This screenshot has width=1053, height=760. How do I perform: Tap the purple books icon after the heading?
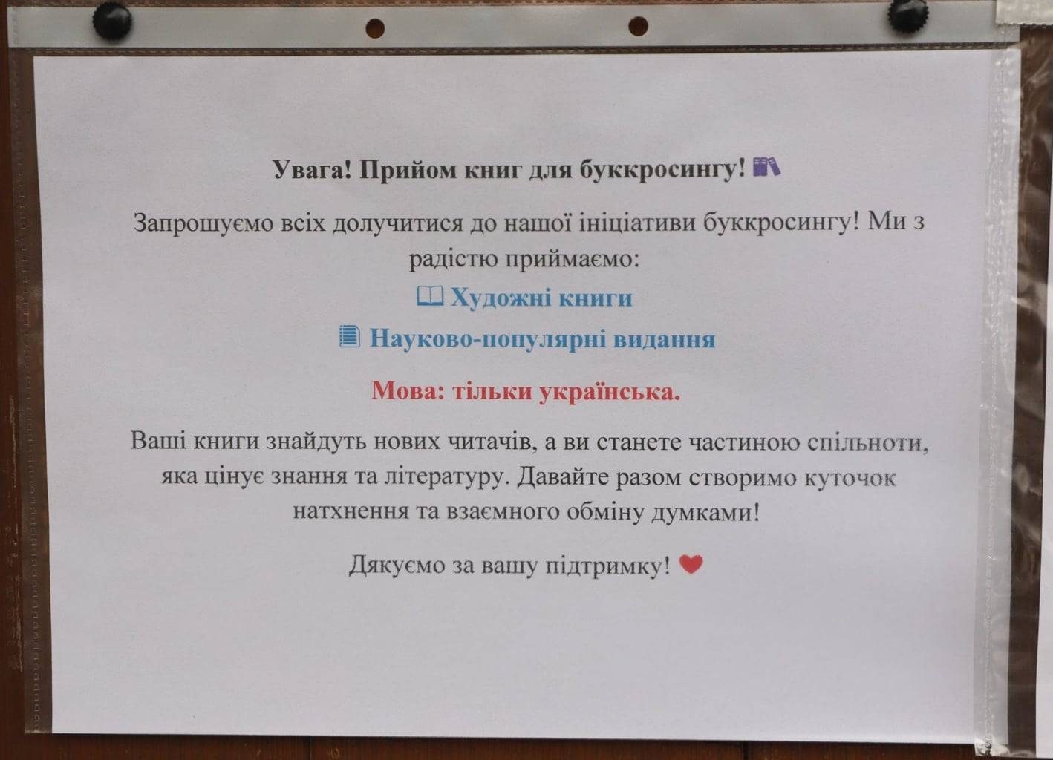click(x=766, y=167)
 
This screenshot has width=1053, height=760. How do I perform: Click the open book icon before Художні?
click(x=430, y=296)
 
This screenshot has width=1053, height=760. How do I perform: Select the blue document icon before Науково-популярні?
click(x=349, y=336)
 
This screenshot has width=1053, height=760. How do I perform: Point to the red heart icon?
click(x=691, y=563)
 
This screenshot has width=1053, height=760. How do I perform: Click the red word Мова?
click(x=408, y=390)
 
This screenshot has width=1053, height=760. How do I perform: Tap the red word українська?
click(x=609, y=391)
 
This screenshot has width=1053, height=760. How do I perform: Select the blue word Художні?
click(x=501, y=298)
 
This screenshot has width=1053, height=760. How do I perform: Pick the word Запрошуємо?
click(x=203, y=222)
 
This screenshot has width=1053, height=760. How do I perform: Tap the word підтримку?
click(x=607, y=566)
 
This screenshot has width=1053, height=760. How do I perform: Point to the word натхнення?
click(x=351, y=511)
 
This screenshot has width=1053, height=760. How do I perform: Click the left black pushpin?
click(x=112, y=21)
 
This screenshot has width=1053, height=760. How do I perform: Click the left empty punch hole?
click(x=375, y=28)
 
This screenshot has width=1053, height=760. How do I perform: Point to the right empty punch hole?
click(x=638, y=26)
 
